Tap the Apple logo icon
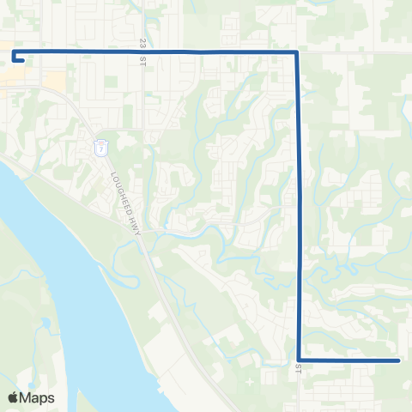(13, 397)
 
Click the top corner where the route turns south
(296, 52)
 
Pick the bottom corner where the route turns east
(299, 360)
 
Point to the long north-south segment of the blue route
(298, 206)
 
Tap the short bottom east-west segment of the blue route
(348, 360)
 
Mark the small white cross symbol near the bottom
(249, 379)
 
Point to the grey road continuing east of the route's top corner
(352, 52)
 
